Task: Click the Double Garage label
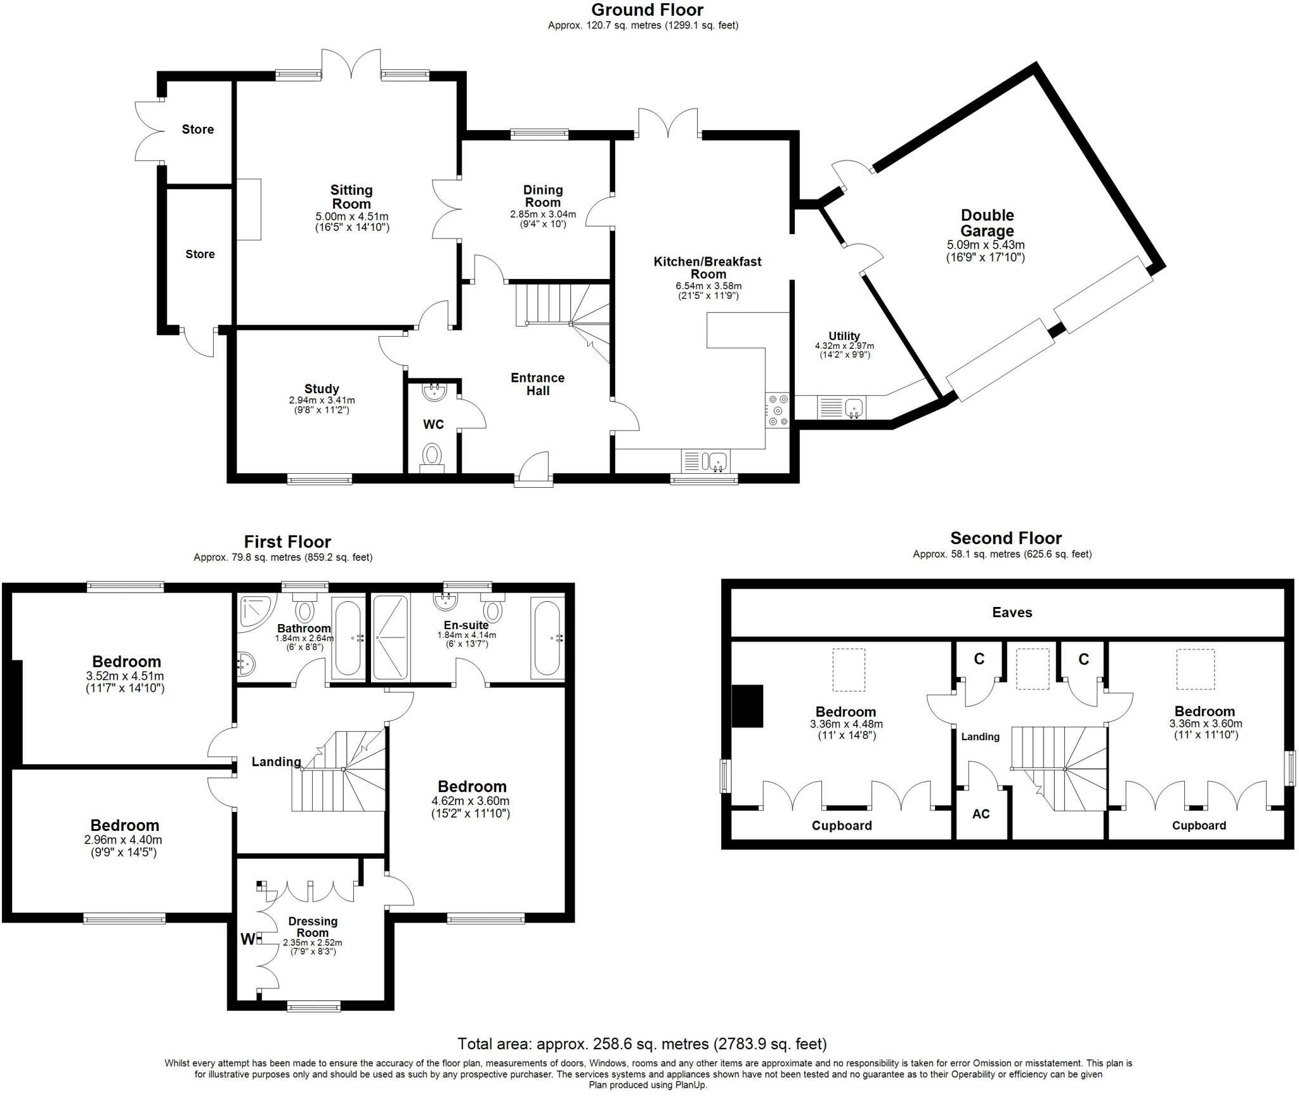986,223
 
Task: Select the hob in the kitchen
778,410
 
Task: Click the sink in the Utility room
854,407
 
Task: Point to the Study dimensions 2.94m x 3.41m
322,400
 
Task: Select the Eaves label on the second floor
1012,612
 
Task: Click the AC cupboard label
981,814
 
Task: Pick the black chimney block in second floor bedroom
747,706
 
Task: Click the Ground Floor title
647,10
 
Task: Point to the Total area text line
642,1043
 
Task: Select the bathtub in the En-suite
546,638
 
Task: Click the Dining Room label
542,196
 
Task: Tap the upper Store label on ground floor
197,129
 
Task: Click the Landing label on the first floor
276,762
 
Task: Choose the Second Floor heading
1005,538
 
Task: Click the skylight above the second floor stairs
1033,669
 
